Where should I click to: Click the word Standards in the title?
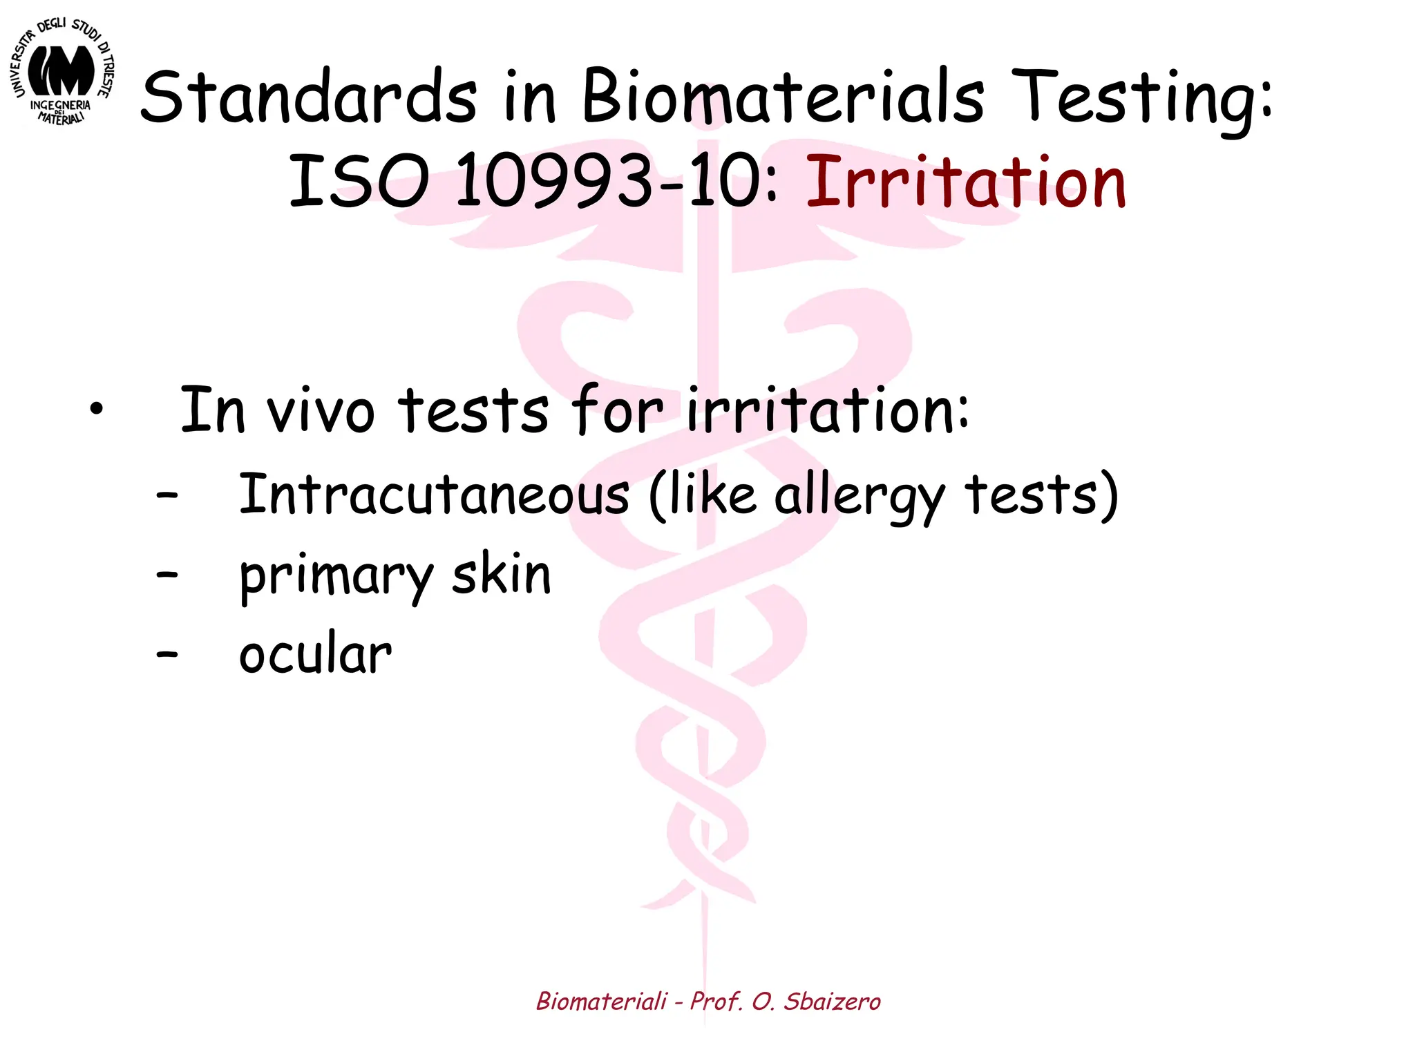click(308, 97)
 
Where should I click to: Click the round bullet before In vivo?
click(96, 409)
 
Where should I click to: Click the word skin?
click(502, 575)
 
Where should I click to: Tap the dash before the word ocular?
click(167, 653)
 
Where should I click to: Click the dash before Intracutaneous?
click(167, 495)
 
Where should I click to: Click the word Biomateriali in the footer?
click(602, 1001)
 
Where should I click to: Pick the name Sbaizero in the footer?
click(832, 1001)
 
